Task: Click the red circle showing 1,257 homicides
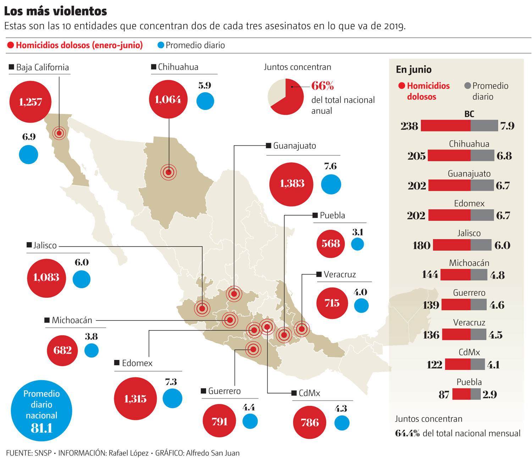coord(31,102)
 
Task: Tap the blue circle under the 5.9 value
coord(205,101)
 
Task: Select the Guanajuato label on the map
coord(294,146)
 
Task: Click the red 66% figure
coord(322,86)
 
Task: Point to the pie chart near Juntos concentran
coord(286,97)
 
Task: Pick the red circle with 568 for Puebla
coord(331,244)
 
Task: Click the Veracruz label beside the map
coord(339,274)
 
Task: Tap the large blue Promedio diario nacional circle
coord(41,411)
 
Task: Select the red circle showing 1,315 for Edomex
coord(135,399)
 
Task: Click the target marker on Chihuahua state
coord(168,172)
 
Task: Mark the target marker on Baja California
coord(59,133)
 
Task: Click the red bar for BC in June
coord(445,126)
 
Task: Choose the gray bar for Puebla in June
coord(475,394)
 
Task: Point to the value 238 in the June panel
coord(409,126)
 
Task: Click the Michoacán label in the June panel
coord(469,263)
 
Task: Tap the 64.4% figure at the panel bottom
coord(408,433)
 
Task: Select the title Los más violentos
coord(55,11)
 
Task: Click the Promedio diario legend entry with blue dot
coord(191,45)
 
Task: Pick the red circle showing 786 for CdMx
coord(310,422)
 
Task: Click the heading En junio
coord(414,70)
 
